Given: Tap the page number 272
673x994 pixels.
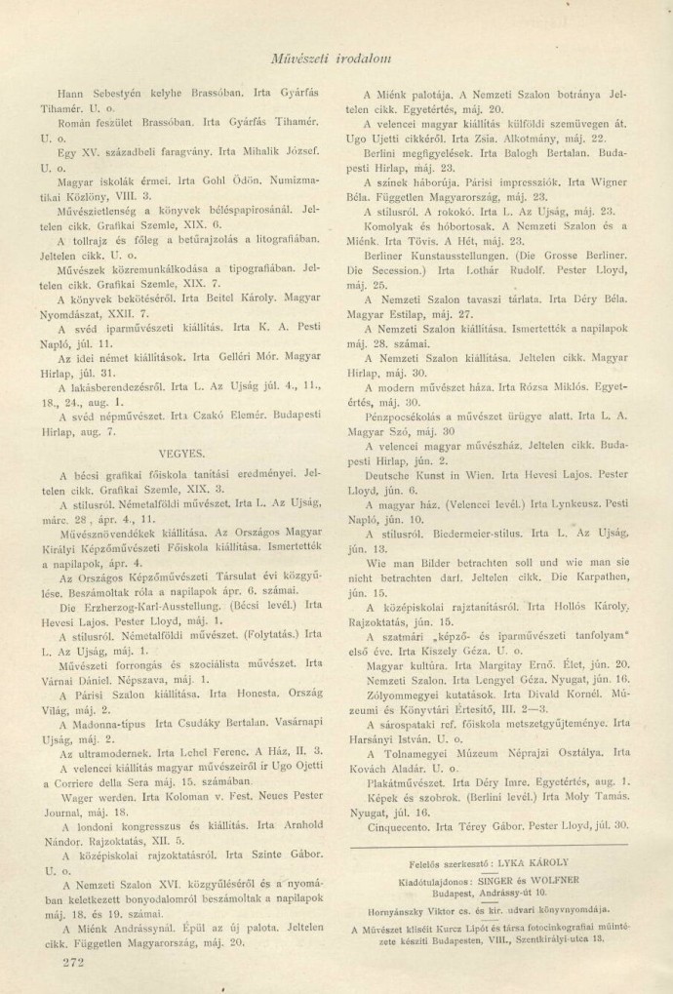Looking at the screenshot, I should point(73,961).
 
